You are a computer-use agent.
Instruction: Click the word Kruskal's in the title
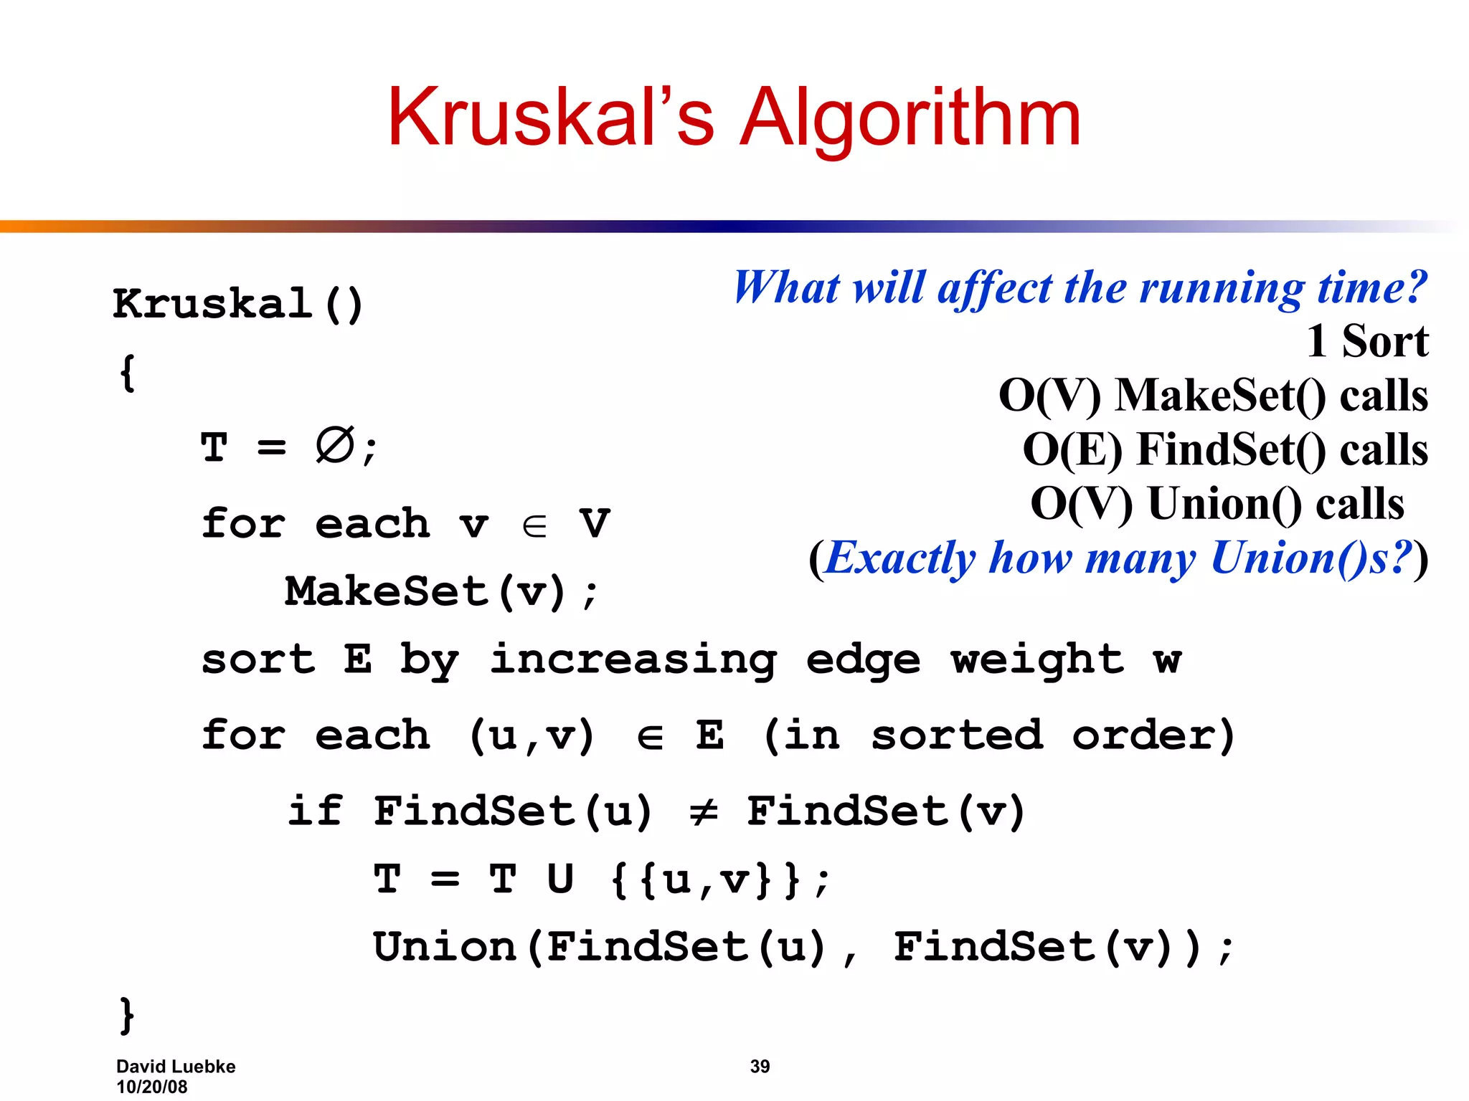point(551,118)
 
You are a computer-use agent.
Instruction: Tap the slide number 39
point(760,1067)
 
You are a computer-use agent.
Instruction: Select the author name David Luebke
point(176,1067)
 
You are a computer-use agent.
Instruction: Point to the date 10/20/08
point(151,1087)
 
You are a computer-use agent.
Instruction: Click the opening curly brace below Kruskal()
point(127,373)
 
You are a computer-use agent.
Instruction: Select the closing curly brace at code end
point(127,1015)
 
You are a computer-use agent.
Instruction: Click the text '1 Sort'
point(1367,341)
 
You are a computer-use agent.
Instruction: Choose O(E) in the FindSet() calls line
point(1072,449)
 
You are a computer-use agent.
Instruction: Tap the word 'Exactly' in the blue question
point(900,558)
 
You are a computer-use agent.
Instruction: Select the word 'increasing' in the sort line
point(633,659)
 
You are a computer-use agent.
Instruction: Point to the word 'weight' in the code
point(1036,659)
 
